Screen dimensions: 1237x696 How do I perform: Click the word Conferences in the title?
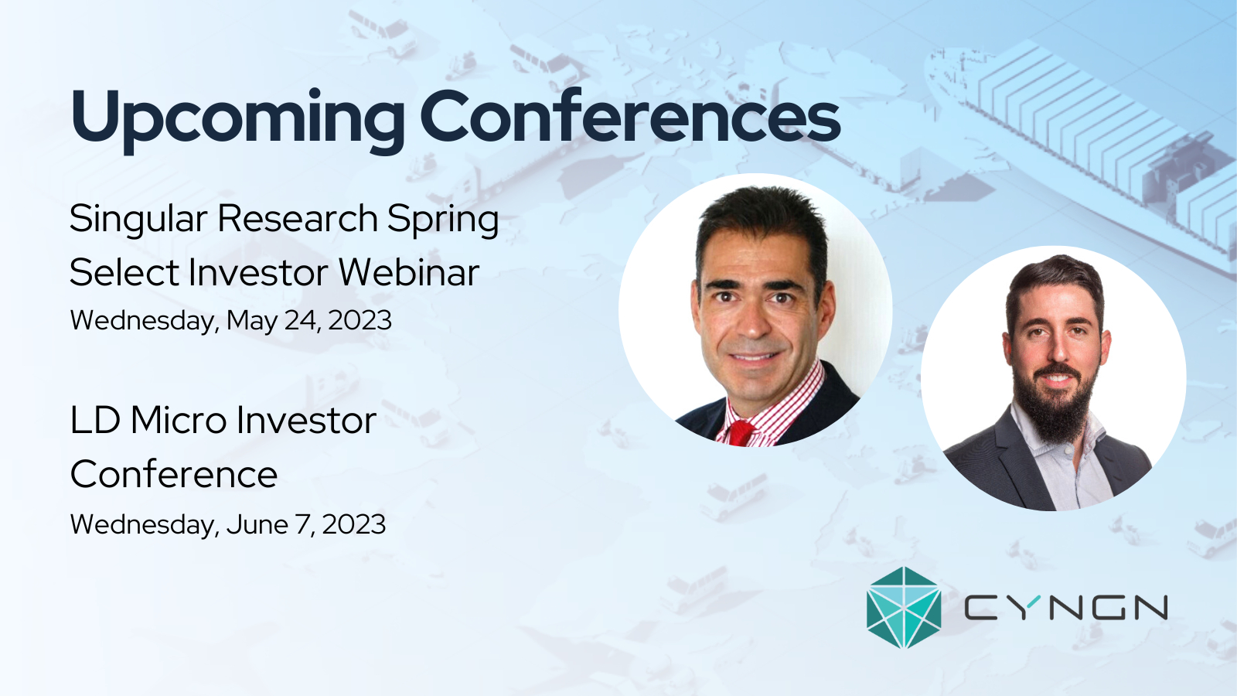click(x=630, y=115)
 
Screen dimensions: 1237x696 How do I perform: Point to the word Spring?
click(x=443, y=220)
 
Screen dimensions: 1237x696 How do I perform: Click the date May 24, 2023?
click(x=309, y=321)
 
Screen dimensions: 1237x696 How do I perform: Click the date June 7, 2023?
click(x=306, y=525)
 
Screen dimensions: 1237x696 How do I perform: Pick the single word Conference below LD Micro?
click(x=174, y=475)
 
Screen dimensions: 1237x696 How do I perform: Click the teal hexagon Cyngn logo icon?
click(x=904, y=607)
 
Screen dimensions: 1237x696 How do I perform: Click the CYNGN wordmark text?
click(x=1066, y=608)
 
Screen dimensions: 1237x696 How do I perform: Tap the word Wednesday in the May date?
click(x=142, y=321)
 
